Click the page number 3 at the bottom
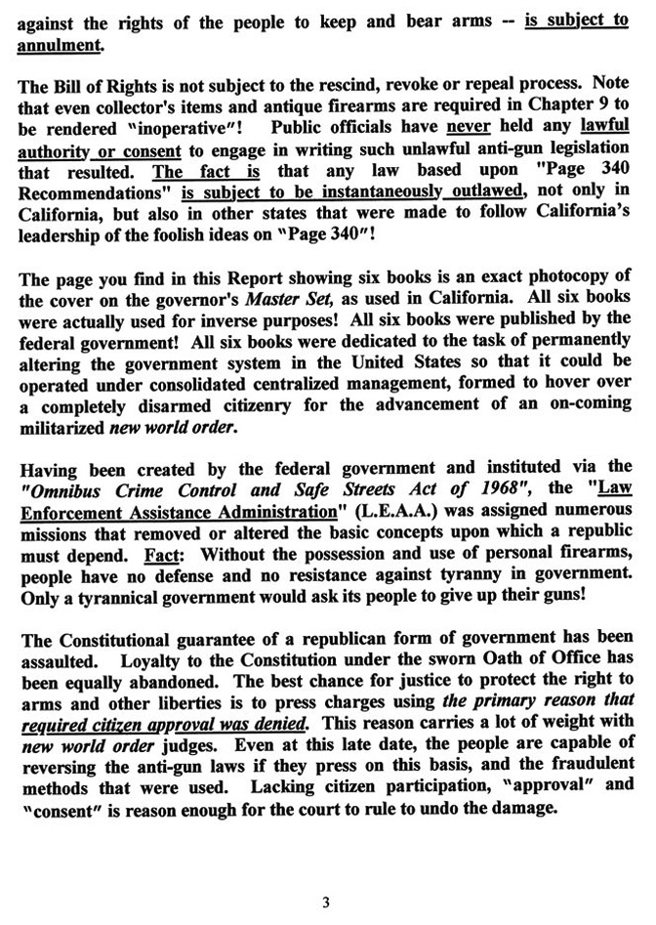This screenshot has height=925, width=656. (x=326, y=903)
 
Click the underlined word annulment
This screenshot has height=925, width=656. (x=58, y=42)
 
